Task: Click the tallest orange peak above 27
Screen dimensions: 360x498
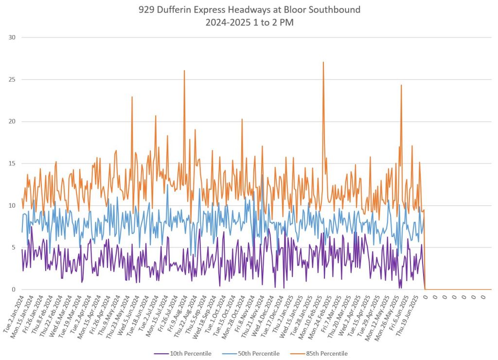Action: pos(323,62)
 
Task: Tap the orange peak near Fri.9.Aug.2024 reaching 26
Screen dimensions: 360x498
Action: pos(184,71)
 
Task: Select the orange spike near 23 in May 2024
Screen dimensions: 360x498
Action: pos(132,97)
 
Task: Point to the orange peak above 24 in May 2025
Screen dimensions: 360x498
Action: pos(401,86)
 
